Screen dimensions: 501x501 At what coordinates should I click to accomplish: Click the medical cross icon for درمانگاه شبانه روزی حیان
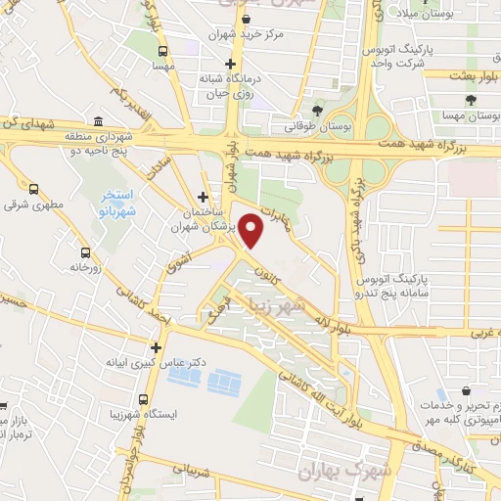tap(230, 64)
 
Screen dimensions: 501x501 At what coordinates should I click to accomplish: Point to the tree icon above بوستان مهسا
tap(471, 100)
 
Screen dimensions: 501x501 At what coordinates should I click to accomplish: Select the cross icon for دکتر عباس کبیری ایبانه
tap(155, 346)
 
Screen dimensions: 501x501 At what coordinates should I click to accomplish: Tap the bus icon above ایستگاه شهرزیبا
tap(144, 399)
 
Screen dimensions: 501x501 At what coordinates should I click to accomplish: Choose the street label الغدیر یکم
tap(129, 106)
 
